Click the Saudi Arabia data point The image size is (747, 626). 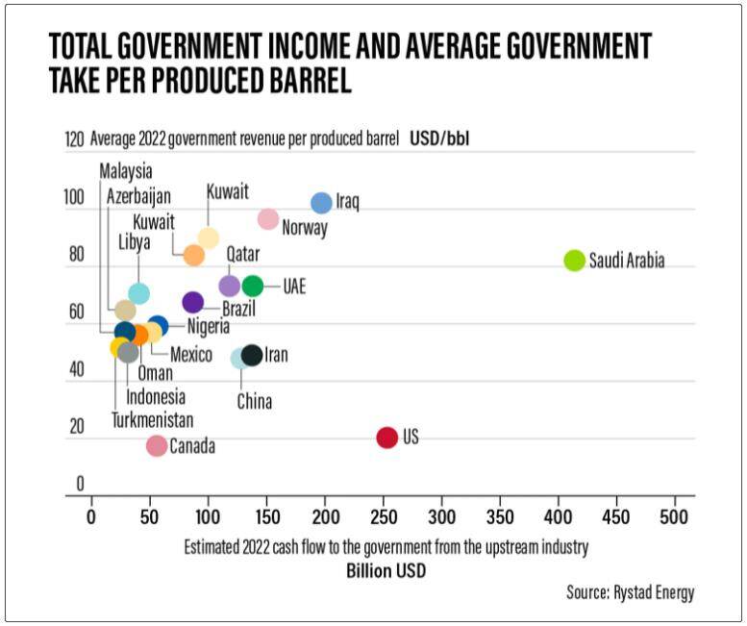click(x=574, y=261)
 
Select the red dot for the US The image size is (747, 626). click(x=386, y=438)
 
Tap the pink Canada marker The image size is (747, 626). click(x=157, y=445)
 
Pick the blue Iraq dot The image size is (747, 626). click(x=321, y=203)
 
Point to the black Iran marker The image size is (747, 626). click(x=252, y=355)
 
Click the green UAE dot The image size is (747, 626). click(x=253, y=286)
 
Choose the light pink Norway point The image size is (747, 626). click(x=268, y=219)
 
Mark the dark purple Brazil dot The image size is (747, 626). click(x=193, y=303)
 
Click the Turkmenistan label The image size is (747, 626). click(x=152, y=420)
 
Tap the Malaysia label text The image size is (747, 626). click(x=125, y=171)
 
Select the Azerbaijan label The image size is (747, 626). click(x=137, y=196)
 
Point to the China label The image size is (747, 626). click(x=255, y=402)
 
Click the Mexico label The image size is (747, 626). click(x=190, y=355)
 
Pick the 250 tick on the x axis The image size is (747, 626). click(x=383, y=516)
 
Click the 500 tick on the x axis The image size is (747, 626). click(x=675, y=516)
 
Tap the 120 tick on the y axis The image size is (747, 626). click(x=74, y=140)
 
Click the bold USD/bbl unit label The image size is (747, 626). click(x=439, y=140)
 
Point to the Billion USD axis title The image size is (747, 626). click(x=386, y=571)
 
